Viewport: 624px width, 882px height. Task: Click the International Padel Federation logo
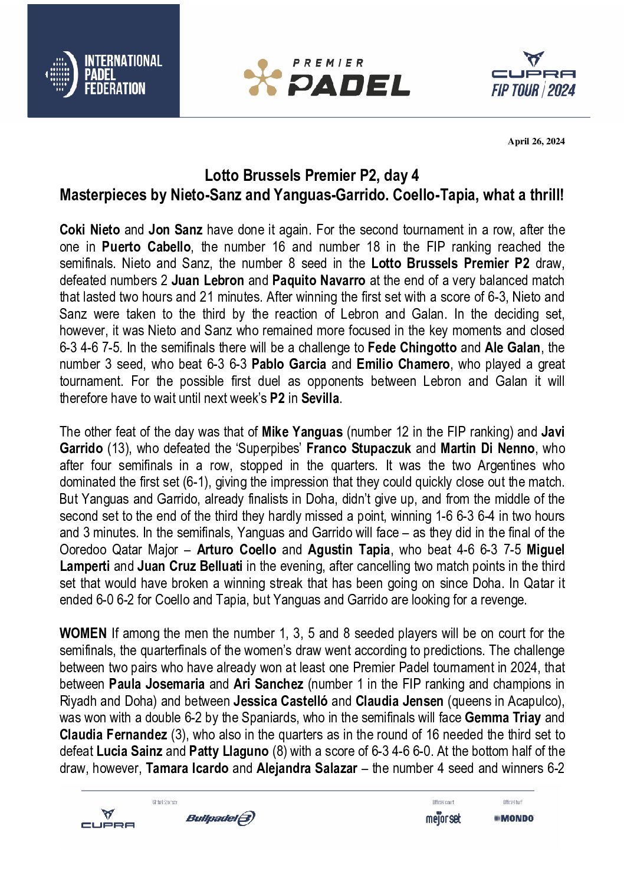(103, 74)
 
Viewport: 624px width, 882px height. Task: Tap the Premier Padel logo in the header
(327, 77)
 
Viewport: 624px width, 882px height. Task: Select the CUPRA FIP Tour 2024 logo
(533, 75)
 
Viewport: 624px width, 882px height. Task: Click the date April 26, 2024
(536, 141)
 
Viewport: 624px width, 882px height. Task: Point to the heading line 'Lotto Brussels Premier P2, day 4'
(311, 176)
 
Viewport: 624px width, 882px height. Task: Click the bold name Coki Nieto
(90, 230)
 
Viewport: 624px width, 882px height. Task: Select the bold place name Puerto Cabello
(146, 247)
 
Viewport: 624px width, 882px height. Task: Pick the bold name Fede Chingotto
(412, 348)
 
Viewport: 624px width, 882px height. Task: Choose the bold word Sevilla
(320, 398)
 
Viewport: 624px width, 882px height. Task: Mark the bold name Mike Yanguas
(302, 432)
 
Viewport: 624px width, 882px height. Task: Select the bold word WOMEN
(83, 634)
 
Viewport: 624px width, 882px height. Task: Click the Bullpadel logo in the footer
(220, 818)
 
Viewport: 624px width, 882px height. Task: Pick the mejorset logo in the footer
(443, 818)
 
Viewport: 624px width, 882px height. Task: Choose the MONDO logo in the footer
(514, 818)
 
